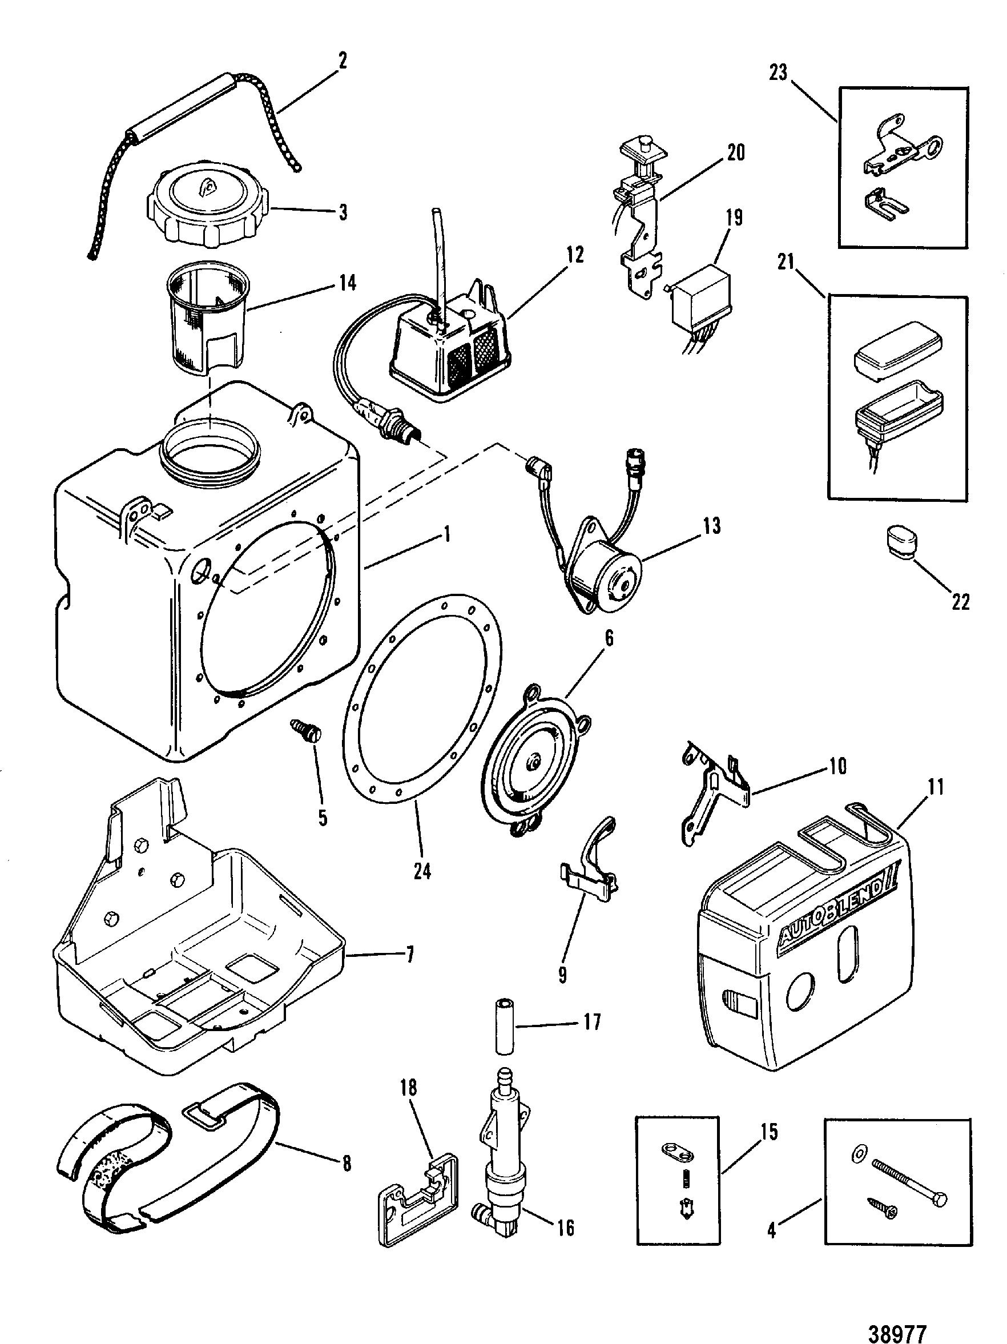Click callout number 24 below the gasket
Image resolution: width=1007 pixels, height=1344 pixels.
click(x=421, y=871)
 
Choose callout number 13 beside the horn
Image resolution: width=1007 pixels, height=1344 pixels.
click(x=711, y=525)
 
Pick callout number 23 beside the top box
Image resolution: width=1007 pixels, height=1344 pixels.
click(x=778, y=73)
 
